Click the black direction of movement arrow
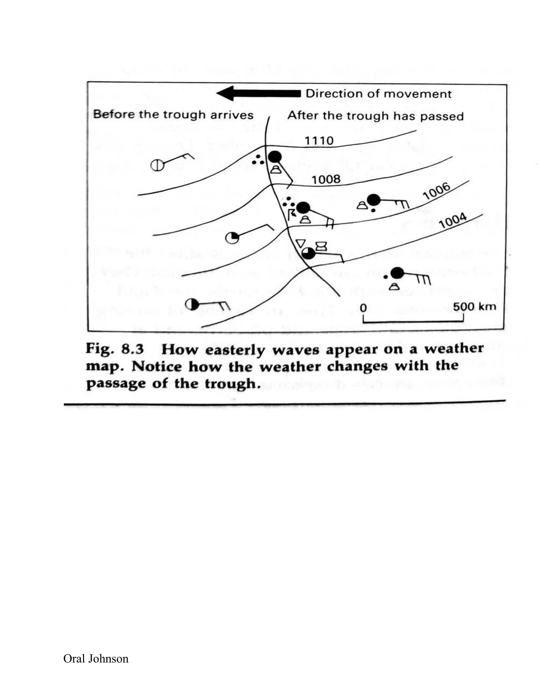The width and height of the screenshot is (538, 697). point(258,94)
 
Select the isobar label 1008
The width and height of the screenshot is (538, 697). point(326,179)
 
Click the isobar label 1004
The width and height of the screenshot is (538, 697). point(453,221)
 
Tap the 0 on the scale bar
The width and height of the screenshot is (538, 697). point(363,308)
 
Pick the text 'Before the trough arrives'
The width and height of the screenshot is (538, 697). point(173,115)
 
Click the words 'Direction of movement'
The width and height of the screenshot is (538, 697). point(379,94)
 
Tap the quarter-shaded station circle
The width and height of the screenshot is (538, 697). point(232,238)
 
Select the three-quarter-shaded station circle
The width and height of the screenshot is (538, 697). point(308,253)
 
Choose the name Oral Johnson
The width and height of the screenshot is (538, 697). point(96,658)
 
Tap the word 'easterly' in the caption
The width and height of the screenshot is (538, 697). point(235,350)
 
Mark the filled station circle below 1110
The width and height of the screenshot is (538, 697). point(275,157)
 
